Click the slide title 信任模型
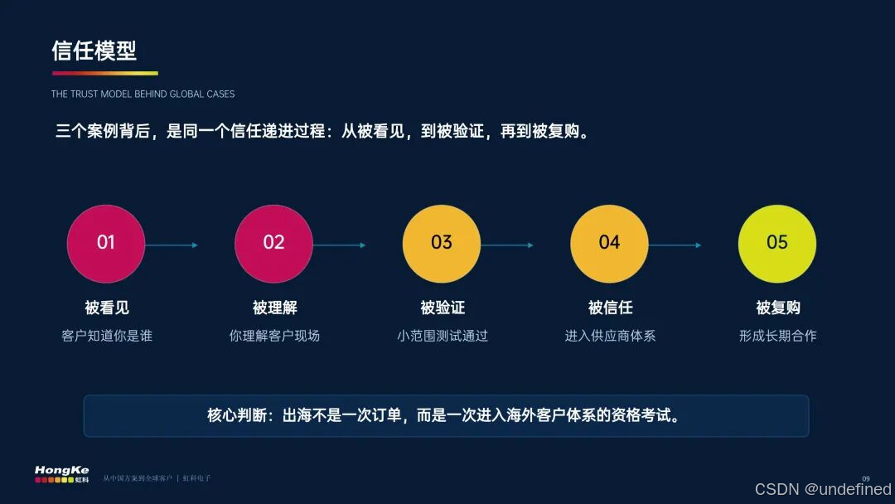(94, 51)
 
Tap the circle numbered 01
(106, 244)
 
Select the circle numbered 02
(274, 244)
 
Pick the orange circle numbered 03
(442, 244)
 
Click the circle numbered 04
(610, 244)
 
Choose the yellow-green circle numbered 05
(777, 244)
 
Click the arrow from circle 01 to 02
(172, 245)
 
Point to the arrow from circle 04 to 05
(675, 245)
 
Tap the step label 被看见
(107, 308)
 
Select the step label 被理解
(274, 308)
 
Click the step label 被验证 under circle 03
(443, 308)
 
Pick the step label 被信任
(610, 308)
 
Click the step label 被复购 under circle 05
(778, 308)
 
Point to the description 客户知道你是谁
(107, 336)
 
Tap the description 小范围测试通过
(443, 336)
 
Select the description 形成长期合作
(778, 336)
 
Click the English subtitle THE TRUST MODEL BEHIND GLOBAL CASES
(143, 94)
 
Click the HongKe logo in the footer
(61, 474)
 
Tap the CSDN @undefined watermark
(823, 489)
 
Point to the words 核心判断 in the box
(237, 415)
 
